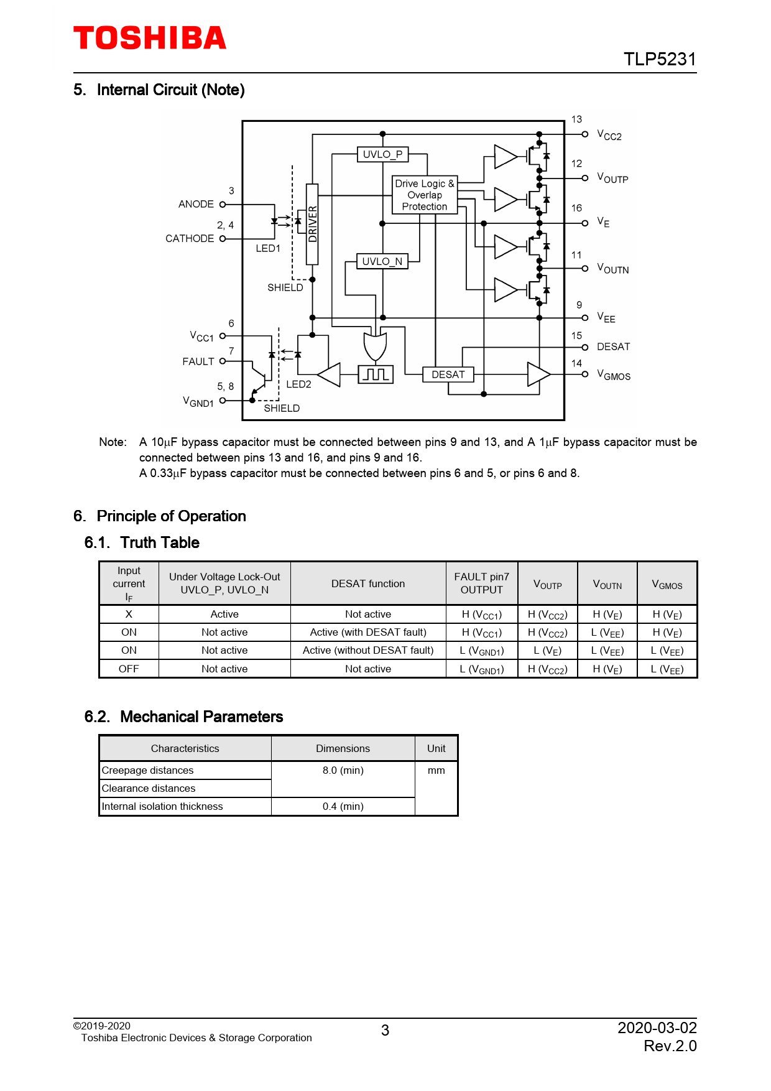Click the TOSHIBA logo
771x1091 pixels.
pyautogui.click(x=150, y=38)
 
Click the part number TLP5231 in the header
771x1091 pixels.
pyautogui.click(x=660, y=59)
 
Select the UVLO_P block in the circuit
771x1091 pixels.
pyautogui.click(x=382, y=154)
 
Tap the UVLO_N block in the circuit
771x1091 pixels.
pyautogui.click(x=382, y=261)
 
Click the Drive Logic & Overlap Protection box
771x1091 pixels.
pyautogui.click(x=425, y=195)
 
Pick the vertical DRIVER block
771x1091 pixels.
pyautogui.click(x=312, y=224)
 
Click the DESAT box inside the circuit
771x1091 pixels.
pyautogui.click(x=448, y=374)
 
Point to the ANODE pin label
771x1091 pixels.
pyautogui.click(x=196, y=204)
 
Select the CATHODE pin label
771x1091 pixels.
pyautogui.click(x=190, y=238)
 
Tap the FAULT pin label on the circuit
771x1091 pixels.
pyautogui.click(x=198, y=361)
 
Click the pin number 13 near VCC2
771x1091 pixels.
pyautogui.click(x=576, y=119)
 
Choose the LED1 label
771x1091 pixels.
pyautogui.click(x=268, y=248)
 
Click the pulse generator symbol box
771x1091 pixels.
pyautogui.click(x=376, y=374)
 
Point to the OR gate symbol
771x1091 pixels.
pyautogui.click(x=375, y=346)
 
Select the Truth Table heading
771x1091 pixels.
pyautogui.click(x=160, y=542)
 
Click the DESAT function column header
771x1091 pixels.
pyautogui.click(x=368, y=583)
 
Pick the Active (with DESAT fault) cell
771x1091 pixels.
pyautogui.click(x=368, y=632)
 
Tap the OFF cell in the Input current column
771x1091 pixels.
pyautogui.click(x=129, y=669)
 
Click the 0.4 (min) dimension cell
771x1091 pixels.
pyautogui.click(x=343, y=806)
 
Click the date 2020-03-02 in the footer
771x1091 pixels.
pyautogui.click(x=657, y=1028)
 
